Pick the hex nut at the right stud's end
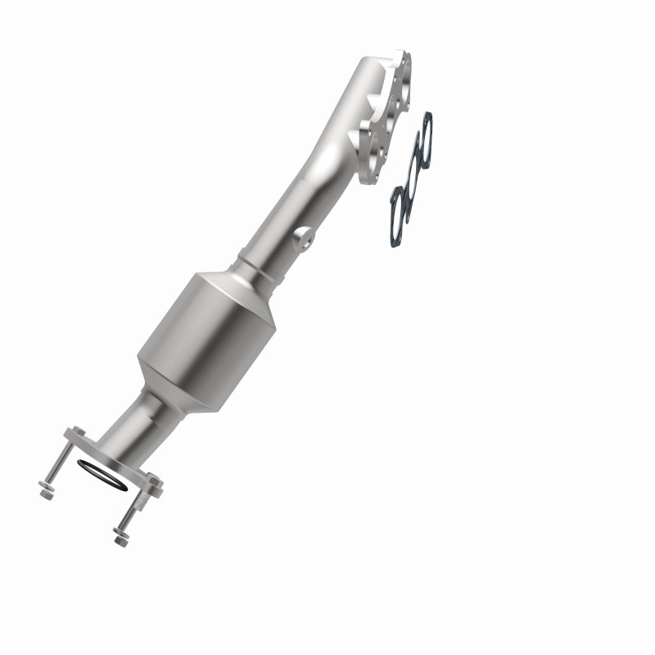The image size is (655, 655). (x=120, y=539)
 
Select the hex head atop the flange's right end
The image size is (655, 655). (x=154, y=481)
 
